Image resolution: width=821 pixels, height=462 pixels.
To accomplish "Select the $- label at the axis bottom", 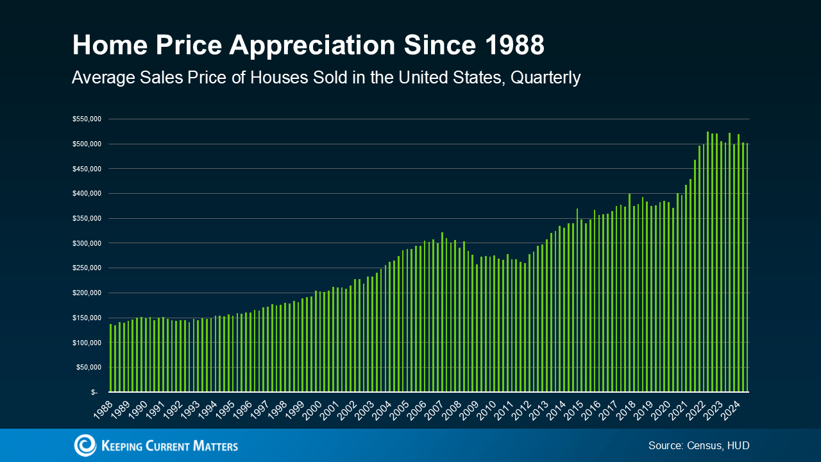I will click(94, 392).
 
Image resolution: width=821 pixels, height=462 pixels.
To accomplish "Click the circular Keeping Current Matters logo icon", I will click(85, 445).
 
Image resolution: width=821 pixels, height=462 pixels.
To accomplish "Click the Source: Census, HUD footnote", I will click(698, 445).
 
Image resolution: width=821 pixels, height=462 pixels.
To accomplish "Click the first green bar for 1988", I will click(111, 358).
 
